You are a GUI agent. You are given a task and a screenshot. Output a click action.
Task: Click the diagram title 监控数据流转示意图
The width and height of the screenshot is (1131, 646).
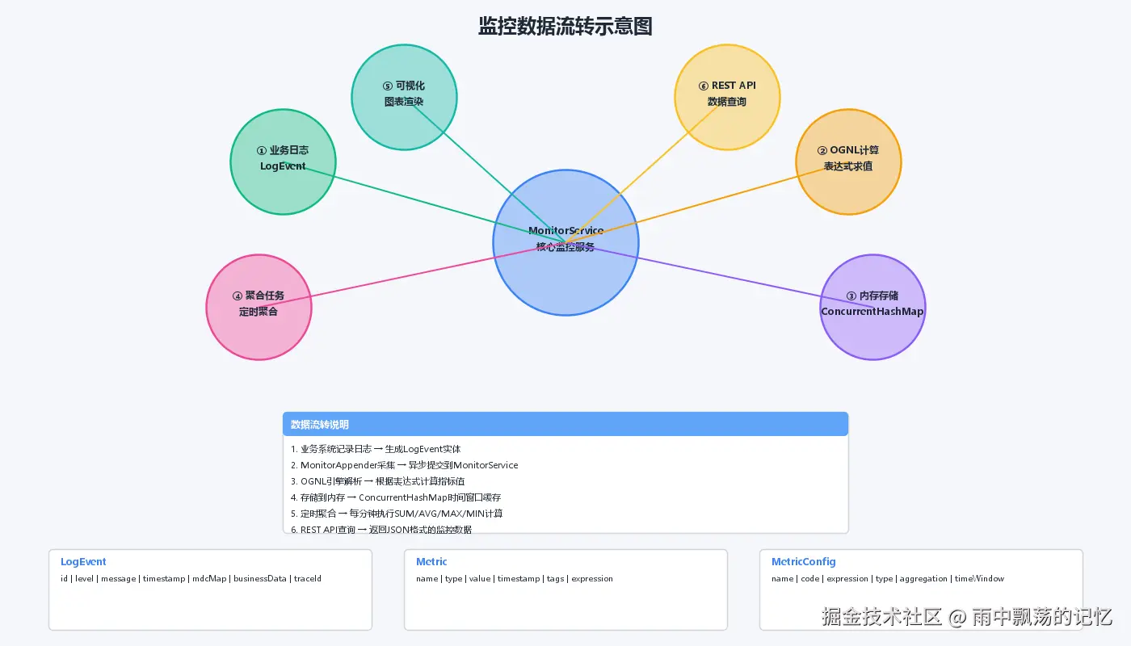[x=565, y=26]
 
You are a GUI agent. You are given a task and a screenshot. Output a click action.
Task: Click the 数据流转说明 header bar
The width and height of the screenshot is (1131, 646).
[x=565, y=424]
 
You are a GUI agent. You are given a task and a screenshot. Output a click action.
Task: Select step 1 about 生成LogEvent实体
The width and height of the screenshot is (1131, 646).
[x=376, y=449]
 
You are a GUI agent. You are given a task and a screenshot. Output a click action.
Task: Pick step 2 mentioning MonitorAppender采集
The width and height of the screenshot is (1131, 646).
[x=404, y=465]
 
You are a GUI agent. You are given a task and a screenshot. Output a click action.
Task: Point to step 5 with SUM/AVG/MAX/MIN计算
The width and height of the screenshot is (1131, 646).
[x=396, y=514]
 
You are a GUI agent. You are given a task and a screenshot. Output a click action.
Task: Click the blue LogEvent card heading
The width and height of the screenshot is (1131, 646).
[x=83, y=562]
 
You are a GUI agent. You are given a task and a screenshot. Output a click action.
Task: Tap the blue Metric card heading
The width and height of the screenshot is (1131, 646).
[x=431, y=562]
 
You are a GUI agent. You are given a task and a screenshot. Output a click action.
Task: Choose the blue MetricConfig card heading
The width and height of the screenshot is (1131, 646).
[x=803, y=562]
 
